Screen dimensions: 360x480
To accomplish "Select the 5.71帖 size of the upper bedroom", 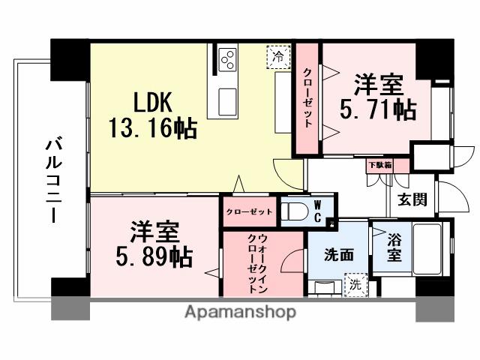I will [379, 109].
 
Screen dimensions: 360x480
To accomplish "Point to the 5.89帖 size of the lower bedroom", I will [154, 256].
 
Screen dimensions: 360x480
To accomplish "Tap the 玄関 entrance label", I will [412, 199].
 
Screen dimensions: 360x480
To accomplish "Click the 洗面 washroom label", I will [340, 255].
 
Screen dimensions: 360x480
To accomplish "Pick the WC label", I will [317, 211].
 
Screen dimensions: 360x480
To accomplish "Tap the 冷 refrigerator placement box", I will [278, 56].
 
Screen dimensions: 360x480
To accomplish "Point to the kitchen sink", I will [226, 97].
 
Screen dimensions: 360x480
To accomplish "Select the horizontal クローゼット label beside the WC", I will [250, 212].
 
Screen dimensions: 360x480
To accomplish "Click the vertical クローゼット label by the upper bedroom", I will [307, 97].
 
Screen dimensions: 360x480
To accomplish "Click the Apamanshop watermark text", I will [239, 310].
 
